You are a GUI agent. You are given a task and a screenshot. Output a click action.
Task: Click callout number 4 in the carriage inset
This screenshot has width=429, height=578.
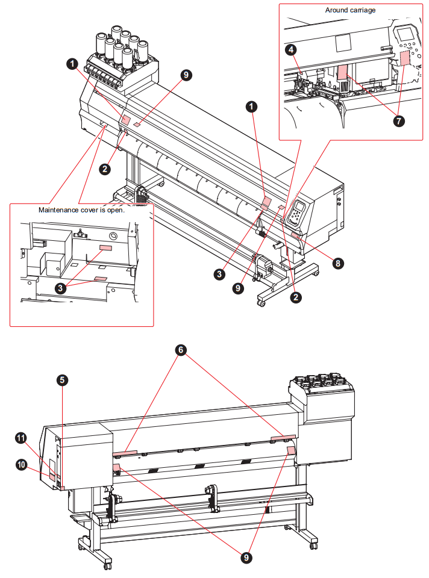point(291,49)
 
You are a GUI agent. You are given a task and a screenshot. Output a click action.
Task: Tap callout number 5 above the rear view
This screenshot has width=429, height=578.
point(63,380)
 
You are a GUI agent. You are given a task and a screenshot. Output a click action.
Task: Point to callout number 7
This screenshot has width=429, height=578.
point(398,120)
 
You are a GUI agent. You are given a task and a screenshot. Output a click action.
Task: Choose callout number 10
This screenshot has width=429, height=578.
point(21,464)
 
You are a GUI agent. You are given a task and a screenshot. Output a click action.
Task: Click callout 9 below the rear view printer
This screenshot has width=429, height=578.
point(245,558)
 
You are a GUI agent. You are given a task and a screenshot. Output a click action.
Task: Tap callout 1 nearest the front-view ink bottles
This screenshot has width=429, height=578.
point(72,62)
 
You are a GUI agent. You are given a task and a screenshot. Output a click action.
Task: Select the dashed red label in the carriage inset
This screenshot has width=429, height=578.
point(404,58)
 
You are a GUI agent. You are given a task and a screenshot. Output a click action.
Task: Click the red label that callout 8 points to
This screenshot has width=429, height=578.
point(296,235)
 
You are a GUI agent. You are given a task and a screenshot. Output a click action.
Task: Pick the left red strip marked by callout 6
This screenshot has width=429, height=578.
point(125,451)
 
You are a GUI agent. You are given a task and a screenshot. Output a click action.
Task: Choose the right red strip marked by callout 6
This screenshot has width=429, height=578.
point(283,436)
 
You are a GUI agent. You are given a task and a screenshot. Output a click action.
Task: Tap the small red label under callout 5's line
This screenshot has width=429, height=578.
point(62,486)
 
